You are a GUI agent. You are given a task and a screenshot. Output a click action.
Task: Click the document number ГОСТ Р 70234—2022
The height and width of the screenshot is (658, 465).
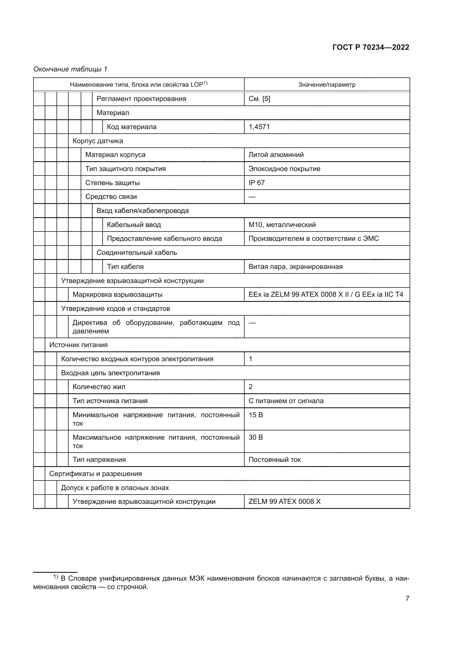[x=371, y=47]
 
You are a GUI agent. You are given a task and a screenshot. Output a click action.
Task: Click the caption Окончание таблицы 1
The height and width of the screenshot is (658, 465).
[x=70, y=69]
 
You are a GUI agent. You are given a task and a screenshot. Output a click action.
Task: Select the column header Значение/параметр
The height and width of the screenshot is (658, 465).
[x=327, y=85]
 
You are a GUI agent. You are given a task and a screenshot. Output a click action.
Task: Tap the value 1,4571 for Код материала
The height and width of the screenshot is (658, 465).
[x=259, y=127]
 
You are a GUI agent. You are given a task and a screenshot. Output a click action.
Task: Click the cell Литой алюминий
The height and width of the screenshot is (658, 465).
[x=276, y=155]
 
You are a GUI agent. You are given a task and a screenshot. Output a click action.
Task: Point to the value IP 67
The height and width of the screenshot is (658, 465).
[x=257, y=183]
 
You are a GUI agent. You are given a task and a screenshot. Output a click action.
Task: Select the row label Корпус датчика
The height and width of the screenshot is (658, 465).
[x=98, y=141]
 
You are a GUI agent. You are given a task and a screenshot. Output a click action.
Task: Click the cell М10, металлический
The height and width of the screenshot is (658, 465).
[x=282, y=225]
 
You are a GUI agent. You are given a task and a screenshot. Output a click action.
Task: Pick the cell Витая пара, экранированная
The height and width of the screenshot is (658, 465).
[x=295, y=266]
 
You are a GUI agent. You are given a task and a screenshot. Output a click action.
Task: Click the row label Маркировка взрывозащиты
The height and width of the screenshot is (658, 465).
[x=118, y=295]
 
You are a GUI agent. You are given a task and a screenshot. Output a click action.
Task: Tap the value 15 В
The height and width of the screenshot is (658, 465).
[x=256, y=415]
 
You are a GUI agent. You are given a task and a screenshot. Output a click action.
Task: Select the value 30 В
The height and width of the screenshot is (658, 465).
[x=256, y=437]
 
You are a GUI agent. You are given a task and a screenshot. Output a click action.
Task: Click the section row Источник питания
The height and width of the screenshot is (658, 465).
[x=78, y=345]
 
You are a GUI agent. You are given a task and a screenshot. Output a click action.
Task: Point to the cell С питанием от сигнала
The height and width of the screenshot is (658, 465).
[x=286, y=401]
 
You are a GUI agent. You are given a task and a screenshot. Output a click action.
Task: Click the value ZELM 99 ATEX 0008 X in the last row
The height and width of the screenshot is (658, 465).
[x=284, y=502]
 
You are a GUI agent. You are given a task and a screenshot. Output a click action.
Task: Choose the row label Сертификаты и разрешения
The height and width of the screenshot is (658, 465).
[x=96, y=473]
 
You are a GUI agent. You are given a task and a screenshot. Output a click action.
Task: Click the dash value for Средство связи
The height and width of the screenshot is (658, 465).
[x=252, y=197]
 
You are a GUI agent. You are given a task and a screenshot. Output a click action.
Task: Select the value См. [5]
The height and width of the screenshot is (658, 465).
[x=259, y=99]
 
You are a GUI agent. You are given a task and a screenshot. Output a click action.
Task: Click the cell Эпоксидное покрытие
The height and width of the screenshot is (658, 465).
[x=284, y=169]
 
